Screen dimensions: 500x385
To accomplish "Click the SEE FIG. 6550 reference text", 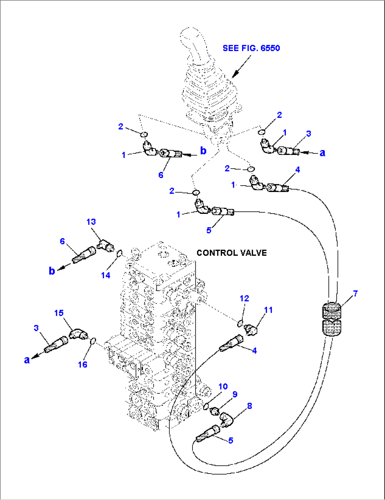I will pyautogui.click(x=251, y=48).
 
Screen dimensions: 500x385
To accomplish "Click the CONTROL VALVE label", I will pyautogui.click(x=231, y=253).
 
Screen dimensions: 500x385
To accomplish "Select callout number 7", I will pyautogui.click(x=355, y=293).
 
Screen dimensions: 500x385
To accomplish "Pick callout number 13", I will pyautogui.click(x=91, y=222).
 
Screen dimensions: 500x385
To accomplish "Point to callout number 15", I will pyautogui.click(x=59, y=313).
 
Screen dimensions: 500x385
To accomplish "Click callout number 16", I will pyautogui.click(x=82, y=364).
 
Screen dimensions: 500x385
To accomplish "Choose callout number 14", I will pyautogui.click(x=106, y=275).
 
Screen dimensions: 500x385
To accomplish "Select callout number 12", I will pyautogui.click(x=244, y=299).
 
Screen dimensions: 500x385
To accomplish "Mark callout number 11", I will pyautogui.click(x=268, y=310).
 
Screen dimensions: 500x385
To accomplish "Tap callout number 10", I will pyautogui.click(x=223, y=386).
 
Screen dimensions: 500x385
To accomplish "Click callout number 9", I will pyautogui.click(x=235, y=394).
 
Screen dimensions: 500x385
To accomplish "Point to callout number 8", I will pyautogui.click(x=249, y=406).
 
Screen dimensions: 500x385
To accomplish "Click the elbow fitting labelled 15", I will pyautogui.click(x=78, y=334).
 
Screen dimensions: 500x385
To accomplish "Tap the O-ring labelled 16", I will pyautogui.click(x=93, y=342).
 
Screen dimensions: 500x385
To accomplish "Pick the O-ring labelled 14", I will pyautogui.click(x=119, y=253).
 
